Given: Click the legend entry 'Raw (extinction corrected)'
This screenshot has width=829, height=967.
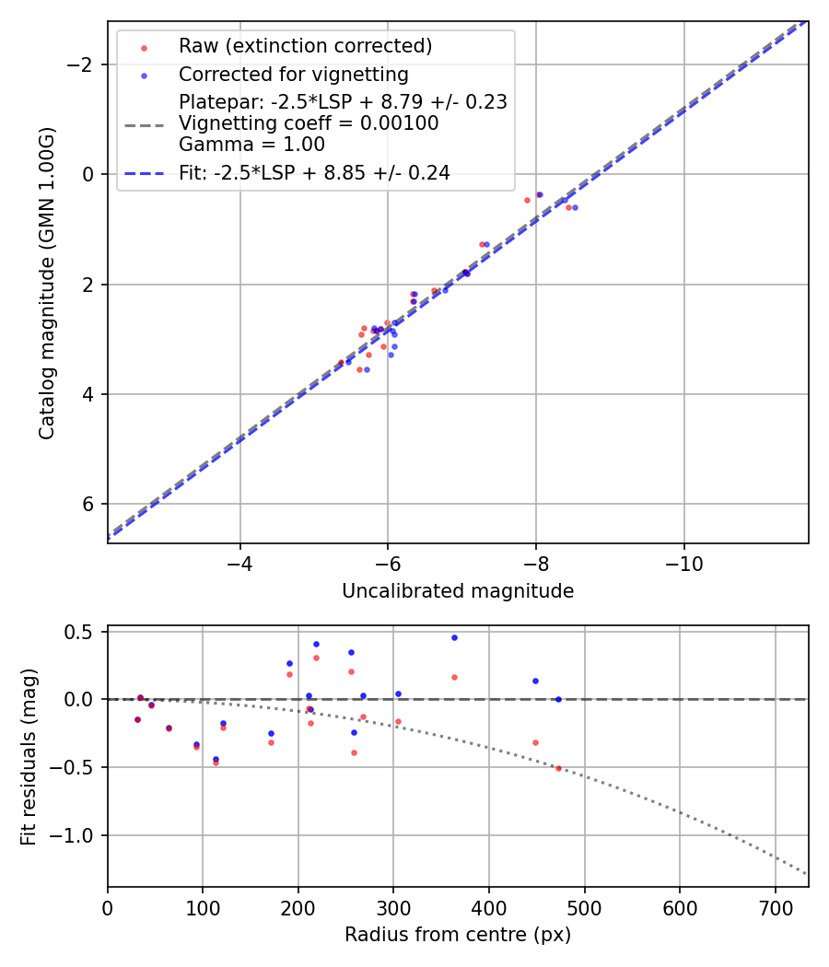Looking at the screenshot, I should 305,46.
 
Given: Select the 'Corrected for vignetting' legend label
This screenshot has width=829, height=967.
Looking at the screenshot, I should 293,74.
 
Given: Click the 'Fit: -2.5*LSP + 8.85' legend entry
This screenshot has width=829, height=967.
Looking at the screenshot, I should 314,172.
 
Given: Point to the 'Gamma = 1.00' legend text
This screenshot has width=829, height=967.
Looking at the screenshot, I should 251,144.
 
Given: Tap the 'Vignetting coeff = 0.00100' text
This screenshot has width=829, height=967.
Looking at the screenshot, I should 309,122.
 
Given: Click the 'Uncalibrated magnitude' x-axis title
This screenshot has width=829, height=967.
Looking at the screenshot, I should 458,591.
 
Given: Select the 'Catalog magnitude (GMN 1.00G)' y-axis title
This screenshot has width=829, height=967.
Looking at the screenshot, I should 47,283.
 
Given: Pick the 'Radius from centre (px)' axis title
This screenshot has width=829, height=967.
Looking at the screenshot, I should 458,935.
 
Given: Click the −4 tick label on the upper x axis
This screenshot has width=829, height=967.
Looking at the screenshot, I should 240,562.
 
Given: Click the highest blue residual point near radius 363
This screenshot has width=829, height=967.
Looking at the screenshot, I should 454,637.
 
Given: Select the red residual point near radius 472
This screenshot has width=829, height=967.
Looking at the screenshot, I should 558,767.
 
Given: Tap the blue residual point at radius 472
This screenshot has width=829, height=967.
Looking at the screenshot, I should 558,699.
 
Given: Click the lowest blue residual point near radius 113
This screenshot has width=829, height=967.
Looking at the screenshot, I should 216,759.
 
